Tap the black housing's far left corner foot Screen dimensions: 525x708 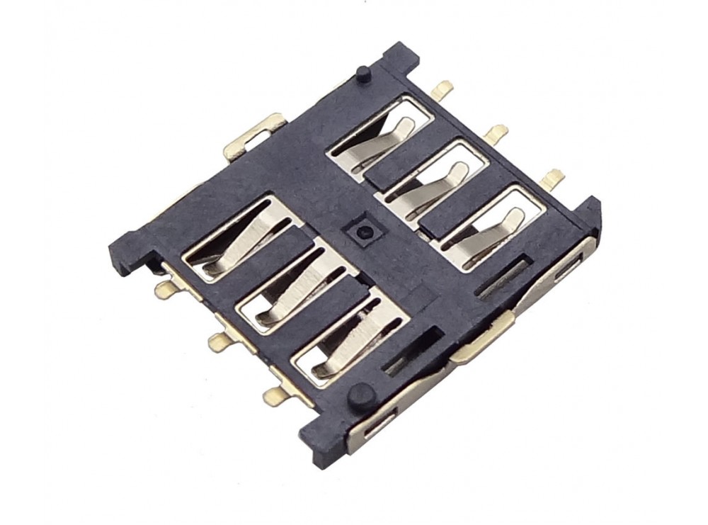tap(120, 255)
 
